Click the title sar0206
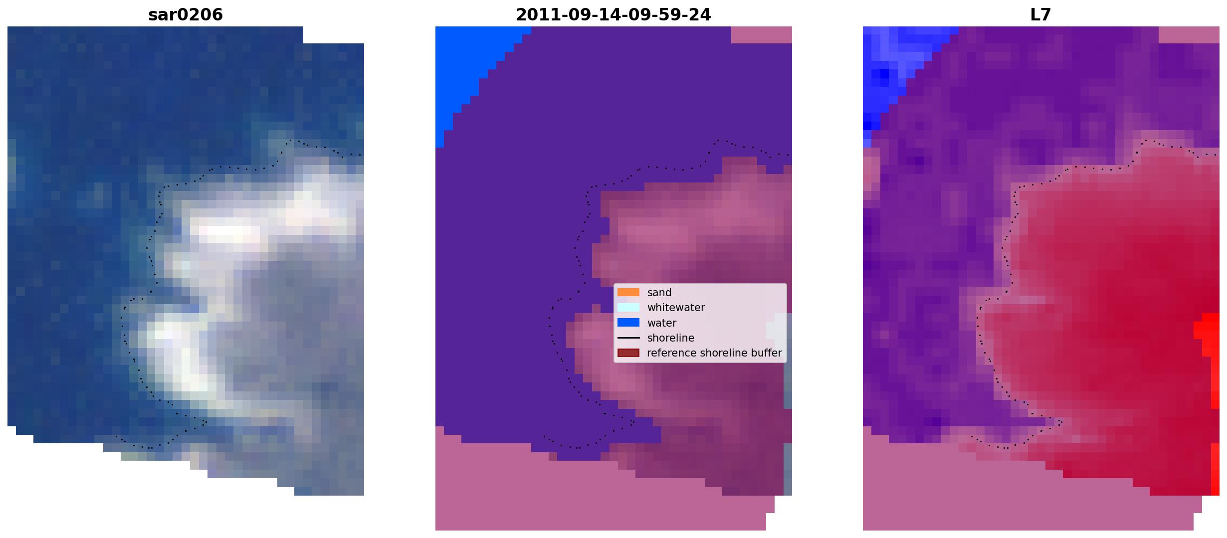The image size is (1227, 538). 186,15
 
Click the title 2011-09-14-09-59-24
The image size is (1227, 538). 613,15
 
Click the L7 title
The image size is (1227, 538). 1041,15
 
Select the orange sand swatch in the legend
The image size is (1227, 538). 628,292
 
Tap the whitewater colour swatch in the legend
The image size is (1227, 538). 628,307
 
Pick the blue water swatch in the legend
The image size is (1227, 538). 628,323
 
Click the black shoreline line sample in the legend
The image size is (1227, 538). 628,338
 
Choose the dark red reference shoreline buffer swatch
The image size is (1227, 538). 628,353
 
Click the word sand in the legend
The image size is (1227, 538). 659,293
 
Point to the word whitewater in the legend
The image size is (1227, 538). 676,308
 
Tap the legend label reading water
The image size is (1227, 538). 662,323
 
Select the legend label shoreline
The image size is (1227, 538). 671,338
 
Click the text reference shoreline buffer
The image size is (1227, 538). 714,353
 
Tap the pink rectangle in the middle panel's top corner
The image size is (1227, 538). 762,35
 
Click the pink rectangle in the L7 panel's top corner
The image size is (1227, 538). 1189,35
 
